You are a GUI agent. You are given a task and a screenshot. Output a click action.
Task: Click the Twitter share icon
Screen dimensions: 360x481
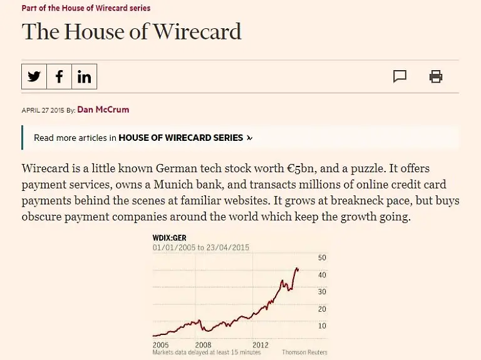(34, 76)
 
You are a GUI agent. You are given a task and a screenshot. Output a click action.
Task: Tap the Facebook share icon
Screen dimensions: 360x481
(59, 76)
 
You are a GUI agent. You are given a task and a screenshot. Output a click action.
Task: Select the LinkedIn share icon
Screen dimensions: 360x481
(84, 76)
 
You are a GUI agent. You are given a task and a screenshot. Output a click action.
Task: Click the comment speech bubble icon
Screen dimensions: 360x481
(400, 76)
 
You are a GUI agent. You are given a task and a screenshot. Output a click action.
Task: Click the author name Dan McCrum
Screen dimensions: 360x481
(103, 110)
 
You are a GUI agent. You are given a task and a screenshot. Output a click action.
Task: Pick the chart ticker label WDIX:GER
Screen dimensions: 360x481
(170, 238)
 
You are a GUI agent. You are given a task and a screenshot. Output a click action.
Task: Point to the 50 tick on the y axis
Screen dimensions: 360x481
(322, 258)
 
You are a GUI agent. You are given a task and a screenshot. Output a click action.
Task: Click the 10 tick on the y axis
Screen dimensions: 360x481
(322, 326)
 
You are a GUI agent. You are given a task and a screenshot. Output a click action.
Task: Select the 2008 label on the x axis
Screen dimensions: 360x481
(203, 344)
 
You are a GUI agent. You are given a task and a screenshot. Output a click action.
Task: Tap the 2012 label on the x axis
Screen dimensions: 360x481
(261, 344)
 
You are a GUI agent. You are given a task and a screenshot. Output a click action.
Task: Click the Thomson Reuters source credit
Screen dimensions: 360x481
(304, 352)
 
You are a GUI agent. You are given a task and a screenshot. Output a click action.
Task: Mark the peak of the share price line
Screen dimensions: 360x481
(296, 268)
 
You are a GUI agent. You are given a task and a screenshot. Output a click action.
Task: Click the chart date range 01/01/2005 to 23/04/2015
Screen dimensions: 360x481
(201, 247)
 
